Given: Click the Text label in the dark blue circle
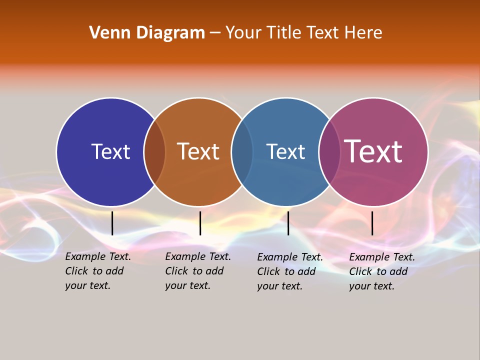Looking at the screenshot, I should [x=110, y=151].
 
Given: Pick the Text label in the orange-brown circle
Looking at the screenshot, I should [x=198, y=151].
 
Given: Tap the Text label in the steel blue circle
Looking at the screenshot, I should [x=285, y=151].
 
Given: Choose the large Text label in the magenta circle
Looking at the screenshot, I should [x=373, y=151].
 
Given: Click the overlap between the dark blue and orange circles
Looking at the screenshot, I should [x=154, y=151].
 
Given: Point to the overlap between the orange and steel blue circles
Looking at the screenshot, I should [x=242, y=151].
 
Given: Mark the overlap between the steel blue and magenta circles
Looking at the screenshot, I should [x=329, y=151].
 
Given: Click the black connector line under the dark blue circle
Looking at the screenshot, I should [x=112, y=223].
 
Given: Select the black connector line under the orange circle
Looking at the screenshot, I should [x=200, y=223].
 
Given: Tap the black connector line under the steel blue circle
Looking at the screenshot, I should [x=288, y=223].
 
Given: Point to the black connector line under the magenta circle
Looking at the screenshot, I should [x=372, y=223].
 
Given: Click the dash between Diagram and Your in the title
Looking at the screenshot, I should [x=215, y=33].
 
